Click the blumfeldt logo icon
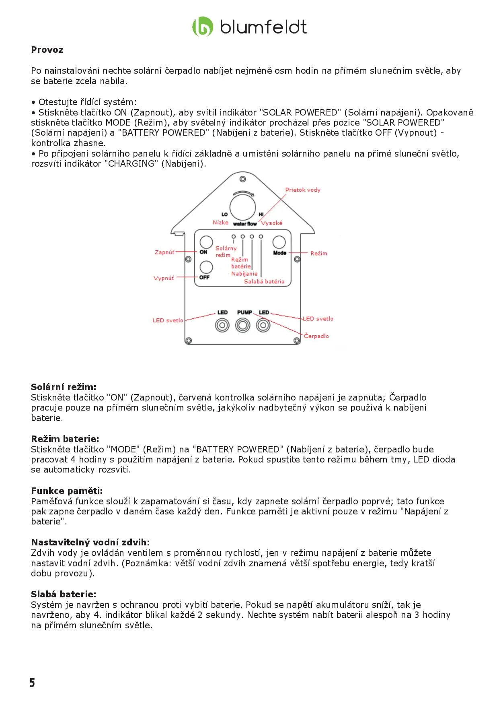click(202, 27)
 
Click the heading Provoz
click(47, 50)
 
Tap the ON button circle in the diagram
click(206, 242)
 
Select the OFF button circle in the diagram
click(206, 267)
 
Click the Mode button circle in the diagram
click(279, 242)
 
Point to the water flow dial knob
click(243, 207)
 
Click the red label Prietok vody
click(303, 190)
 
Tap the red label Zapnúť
click(164, 252)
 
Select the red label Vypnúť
click(164, 278)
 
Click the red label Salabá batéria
click(264, 282)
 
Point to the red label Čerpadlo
click(316, 336)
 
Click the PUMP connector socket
click(242, 325)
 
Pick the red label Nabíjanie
click(244, 274)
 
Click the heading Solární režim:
click(64, 387)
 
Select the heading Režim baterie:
click(65, 439)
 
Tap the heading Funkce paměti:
click(67, 491)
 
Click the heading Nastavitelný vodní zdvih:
click(90, 543)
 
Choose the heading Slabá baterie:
click(64, 595)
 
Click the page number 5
click(32, 683)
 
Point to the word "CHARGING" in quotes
click(132, 164)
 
